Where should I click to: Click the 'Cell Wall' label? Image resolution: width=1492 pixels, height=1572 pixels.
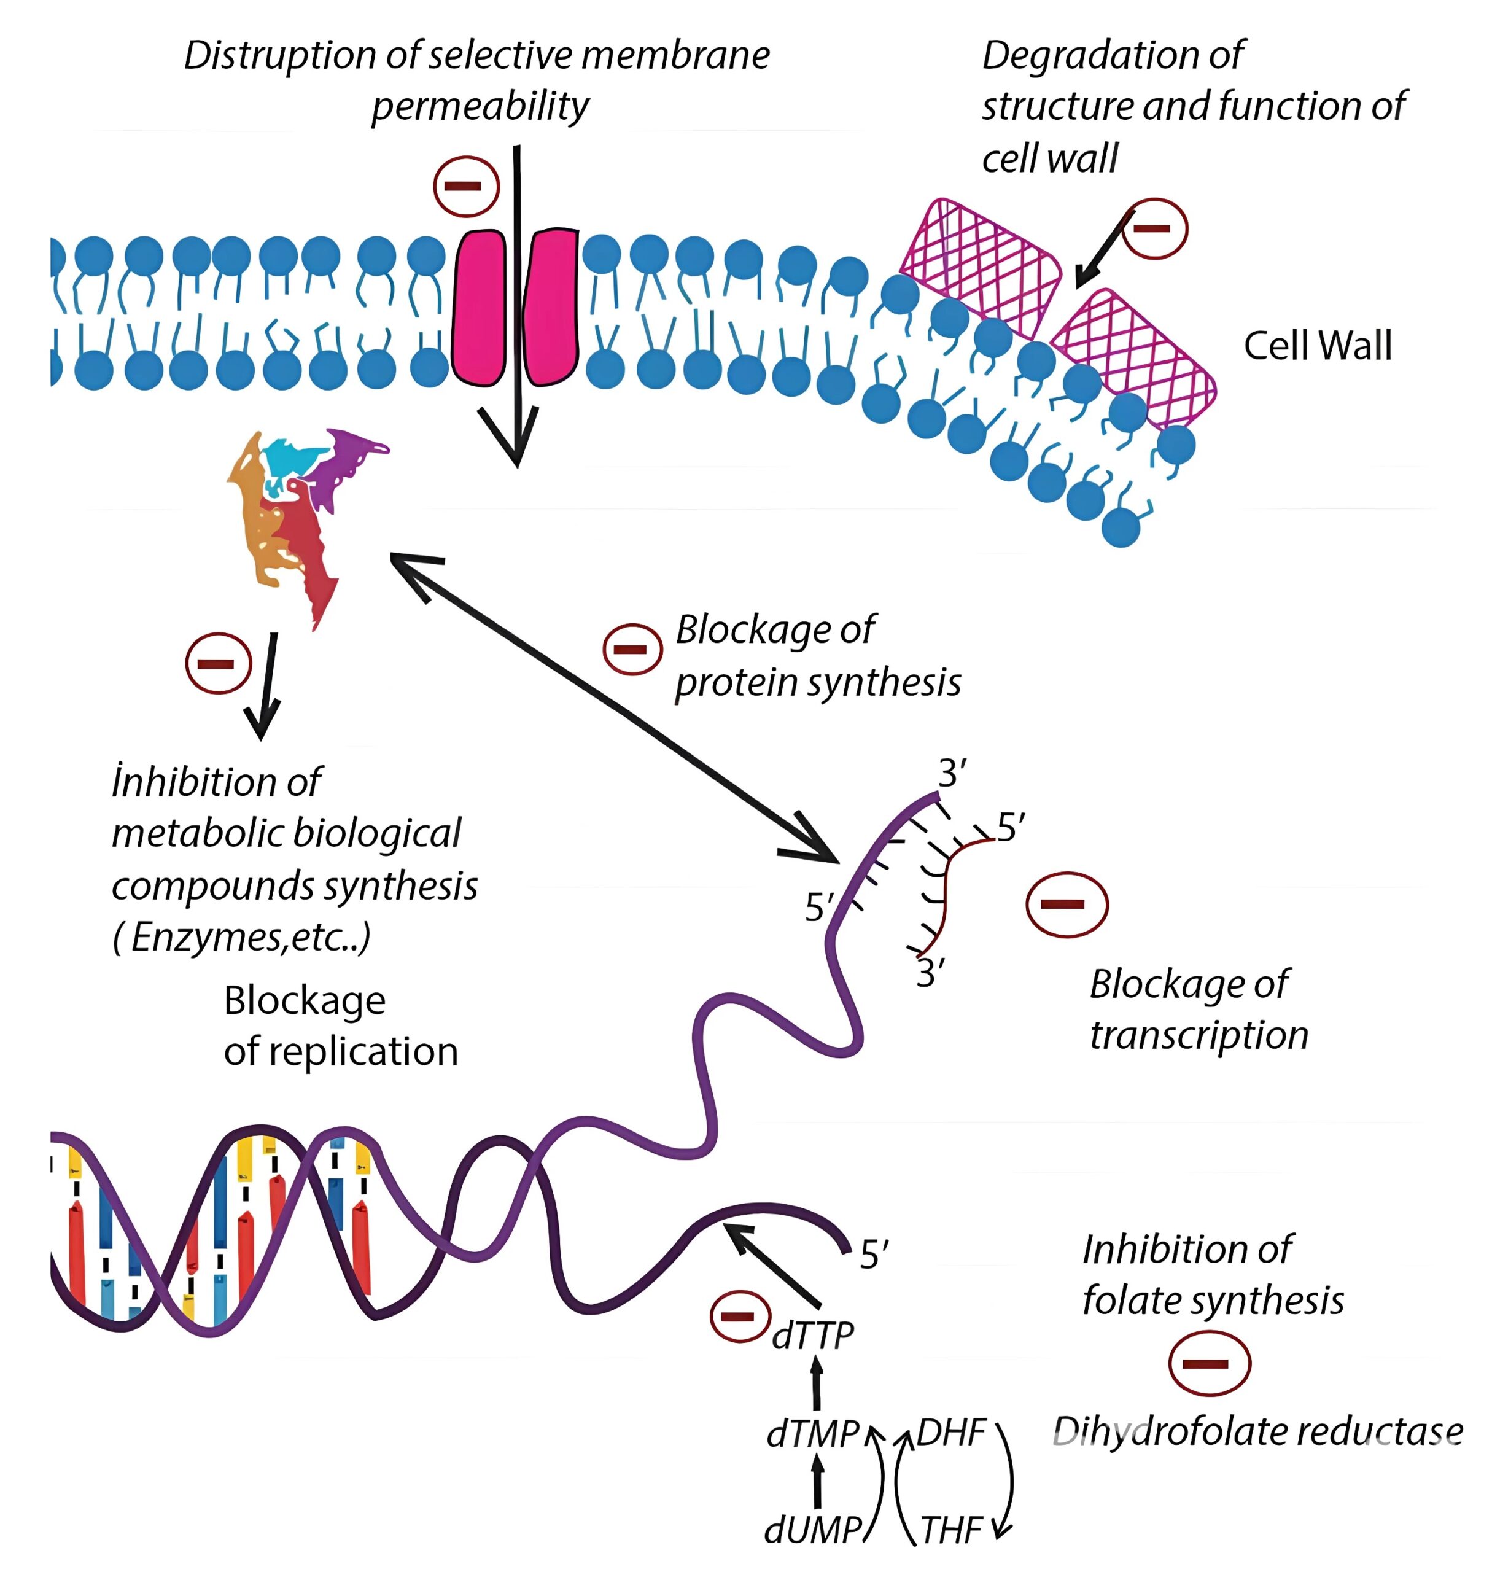[x=1317, y=346]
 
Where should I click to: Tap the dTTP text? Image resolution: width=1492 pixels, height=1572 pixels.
[x=812, y=1336]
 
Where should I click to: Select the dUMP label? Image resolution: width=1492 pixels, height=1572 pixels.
[x=812, y=1529]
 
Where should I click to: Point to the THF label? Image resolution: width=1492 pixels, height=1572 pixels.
[x=951, y=1530]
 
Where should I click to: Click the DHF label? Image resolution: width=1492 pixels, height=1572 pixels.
[x=951, y=1433]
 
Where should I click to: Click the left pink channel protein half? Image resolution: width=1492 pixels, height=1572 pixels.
[x=479, y=307]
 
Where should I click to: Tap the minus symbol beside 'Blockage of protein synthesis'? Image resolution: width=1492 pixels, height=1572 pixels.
[x=632, y=649]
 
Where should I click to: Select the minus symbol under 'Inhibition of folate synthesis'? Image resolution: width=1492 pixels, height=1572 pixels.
[x=1209, y=1364]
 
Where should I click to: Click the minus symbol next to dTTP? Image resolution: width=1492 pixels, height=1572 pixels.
[x=740, y=1317]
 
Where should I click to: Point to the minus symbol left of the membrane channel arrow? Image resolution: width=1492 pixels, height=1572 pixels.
[x=466, y=186]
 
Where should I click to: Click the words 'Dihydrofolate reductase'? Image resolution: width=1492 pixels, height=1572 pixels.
[x=1257, y=1431]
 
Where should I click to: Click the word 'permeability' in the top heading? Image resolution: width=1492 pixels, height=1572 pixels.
[x=480, y=106]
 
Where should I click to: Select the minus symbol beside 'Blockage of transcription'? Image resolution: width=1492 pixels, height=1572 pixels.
[x=1067, y=905]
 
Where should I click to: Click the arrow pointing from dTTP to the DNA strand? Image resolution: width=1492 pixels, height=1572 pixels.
[x=771, y=1265]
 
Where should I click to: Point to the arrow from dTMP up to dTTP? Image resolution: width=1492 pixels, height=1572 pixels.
[x=816, y=1384]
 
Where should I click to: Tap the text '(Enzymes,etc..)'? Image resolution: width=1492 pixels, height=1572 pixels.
[x=241, y=937]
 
